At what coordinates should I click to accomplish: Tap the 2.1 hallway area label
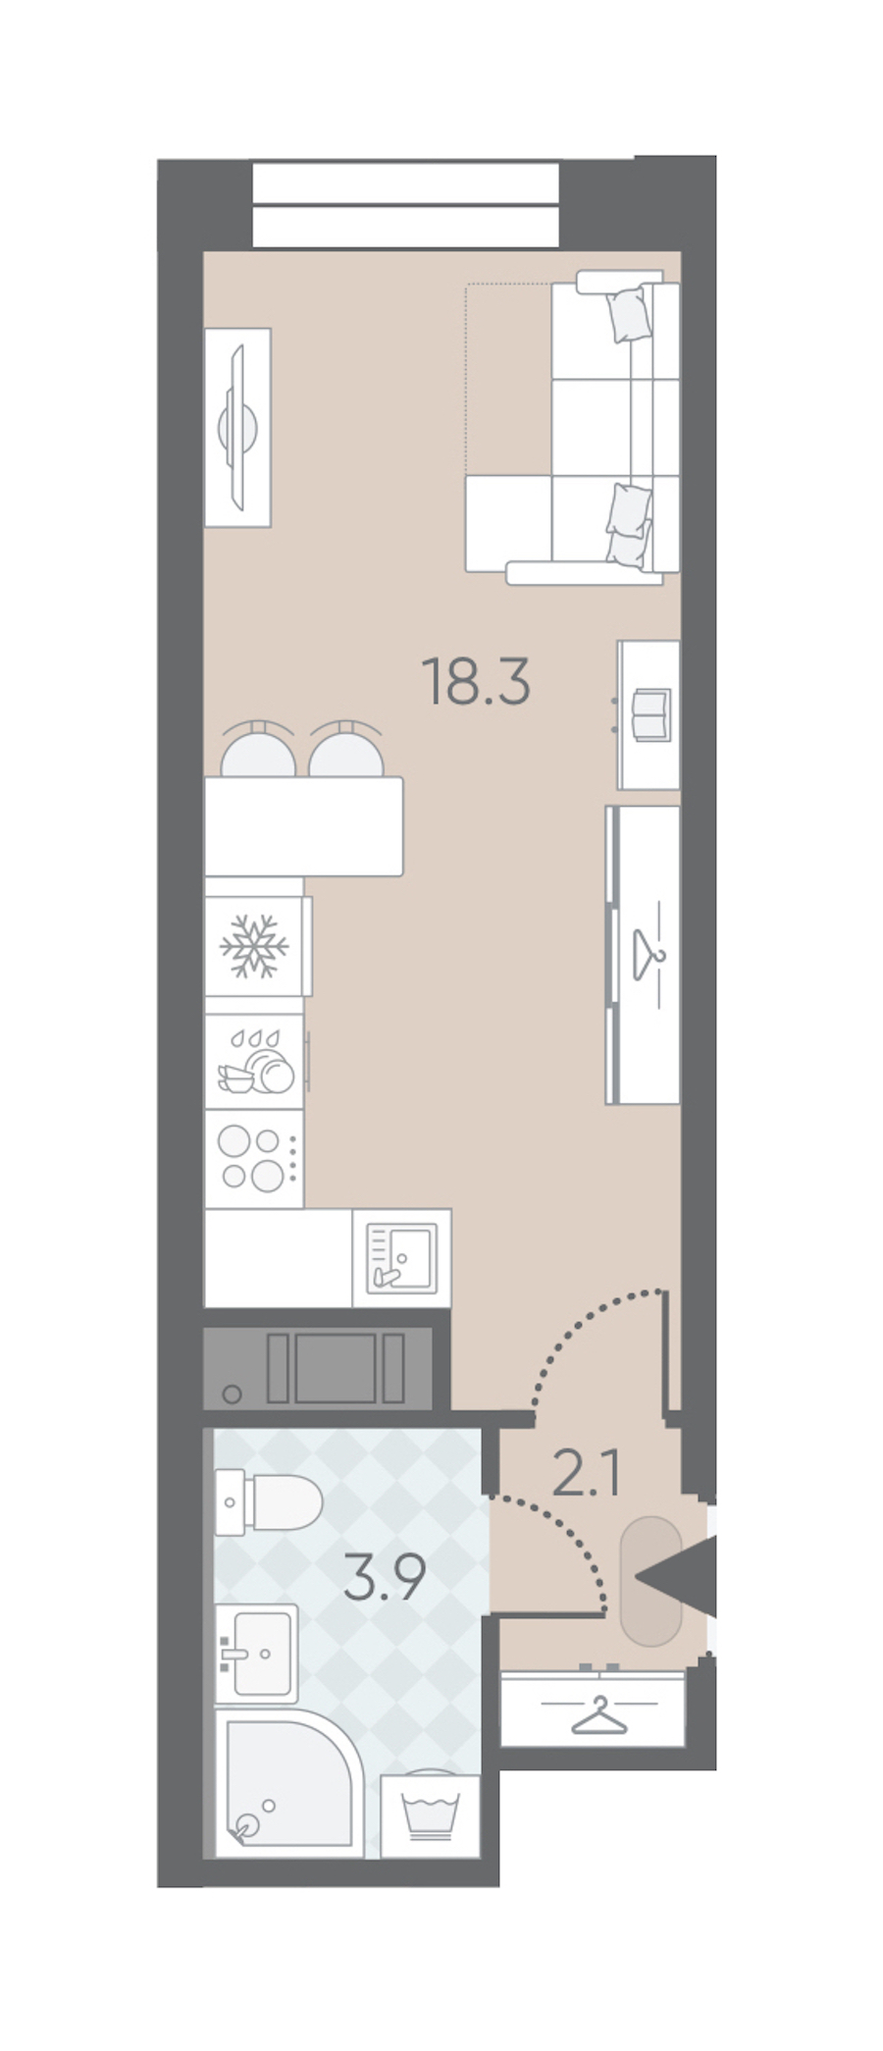pos(587,1473)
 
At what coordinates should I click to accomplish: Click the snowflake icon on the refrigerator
pos(254,946)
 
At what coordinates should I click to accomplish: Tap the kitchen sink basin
pos(401,1257)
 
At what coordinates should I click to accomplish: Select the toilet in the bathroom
pos(269,1502)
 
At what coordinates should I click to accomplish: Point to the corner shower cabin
pos(289,1784)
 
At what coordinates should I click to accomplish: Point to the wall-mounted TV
pos(237,427)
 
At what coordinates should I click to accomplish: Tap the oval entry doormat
pos(650,1581)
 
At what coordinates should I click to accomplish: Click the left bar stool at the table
pos(258,750)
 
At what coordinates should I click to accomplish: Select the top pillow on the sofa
pos(629,312)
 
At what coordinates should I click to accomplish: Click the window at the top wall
pos(405,204)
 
